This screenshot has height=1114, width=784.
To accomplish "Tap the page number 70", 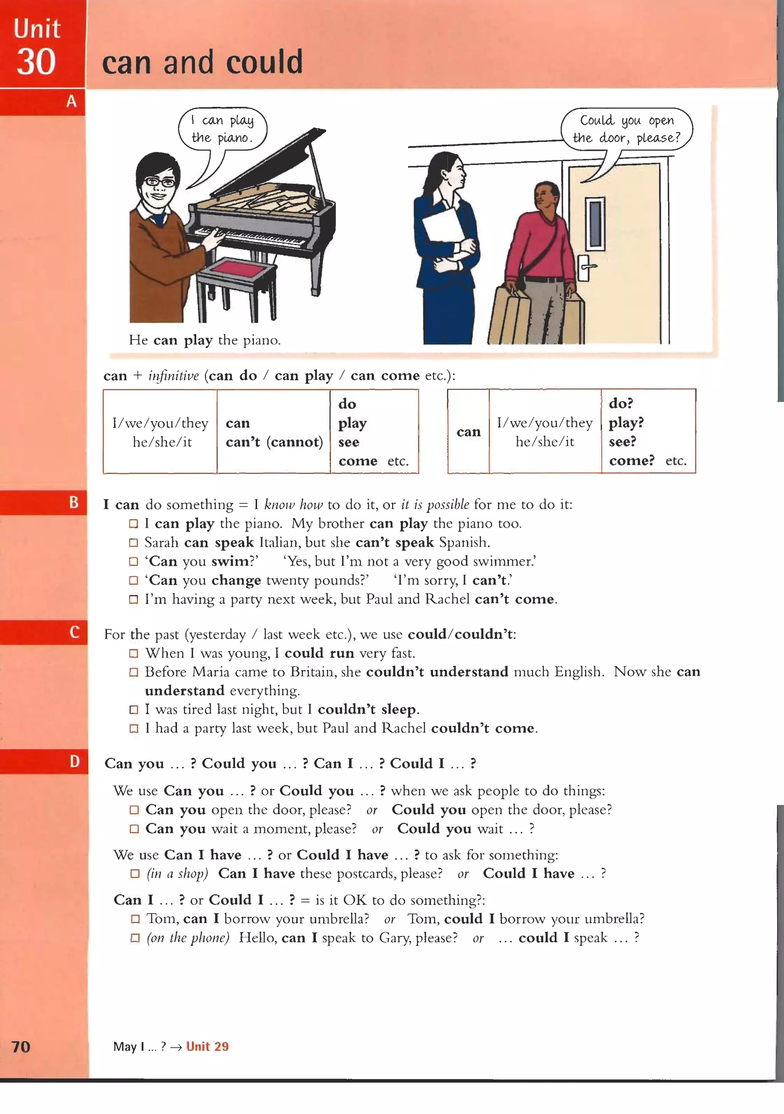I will [x=21, y=1047].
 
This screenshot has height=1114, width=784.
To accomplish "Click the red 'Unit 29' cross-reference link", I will [x=207, y=1046].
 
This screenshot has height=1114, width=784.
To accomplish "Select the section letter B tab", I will [x=73, y=502].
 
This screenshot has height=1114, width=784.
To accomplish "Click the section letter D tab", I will [x=74, y=761].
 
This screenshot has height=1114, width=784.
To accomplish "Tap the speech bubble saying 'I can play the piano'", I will [x=223, y=129].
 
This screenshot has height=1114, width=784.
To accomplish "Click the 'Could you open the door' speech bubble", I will [x=626, y=129].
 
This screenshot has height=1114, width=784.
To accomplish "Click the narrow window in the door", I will [x=595, y=224].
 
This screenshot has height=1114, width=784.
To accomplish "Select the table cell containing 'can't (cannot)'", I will [x=274, y=432].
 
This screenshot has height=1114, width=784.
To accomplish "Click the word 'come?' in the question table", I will [x=632, y=460].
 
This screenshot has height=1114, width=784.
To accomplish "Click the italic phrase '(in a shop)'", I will [x=177, y=874].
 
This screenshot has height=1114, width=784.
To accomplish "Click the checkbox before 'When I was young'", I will [x=134, y=654].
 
